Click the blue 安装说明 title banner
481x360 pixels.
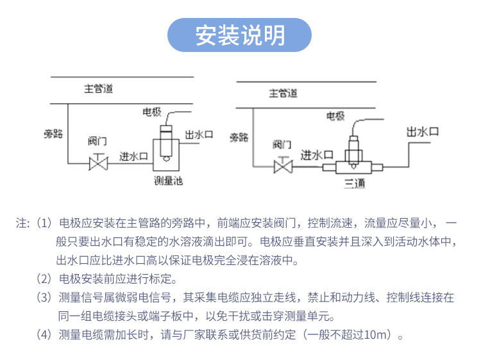pos(239,35)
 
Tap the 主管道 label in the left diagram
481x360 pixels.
pos(98,89)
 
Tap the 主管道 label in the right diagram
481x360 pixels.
pos(282,93)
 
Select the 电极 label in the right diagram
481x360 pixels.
pos(335,116)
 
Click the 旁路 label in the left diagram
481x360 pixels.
pos(53,134)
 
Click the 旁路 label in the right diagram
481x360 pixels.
pos(239,137)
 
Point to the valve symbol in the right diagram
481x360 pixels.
pos(282,167)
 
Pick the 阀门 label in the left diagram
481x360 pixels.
pos(97,141)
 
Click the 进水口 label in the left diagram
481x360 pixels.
pos(134,156)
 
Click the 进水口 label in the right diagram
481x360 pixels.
pos(317,155)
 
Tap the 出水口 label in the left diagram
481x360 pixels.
pos(199,135)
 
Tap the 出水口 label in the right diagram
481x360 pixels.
pos(423,132)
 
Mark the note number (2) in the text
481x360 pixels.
pos(44,279)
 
